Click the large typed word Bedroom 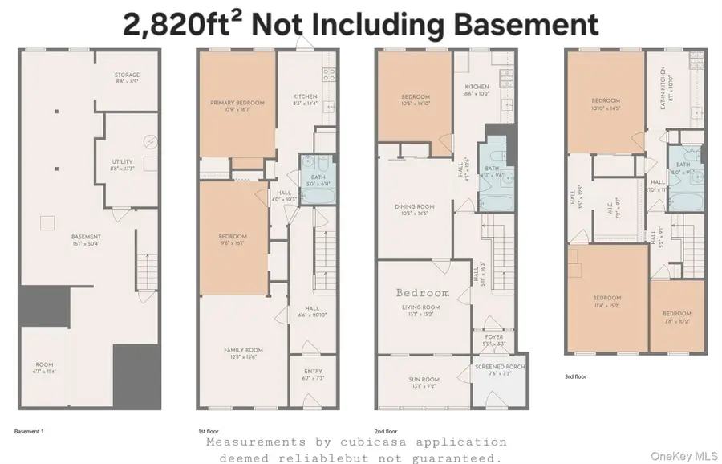tap(422, 293)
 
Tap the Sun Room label tap(421, 381)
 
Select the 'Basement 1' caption tap(29, 431)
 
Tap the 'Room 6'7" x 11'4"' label tap(44, 368)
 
